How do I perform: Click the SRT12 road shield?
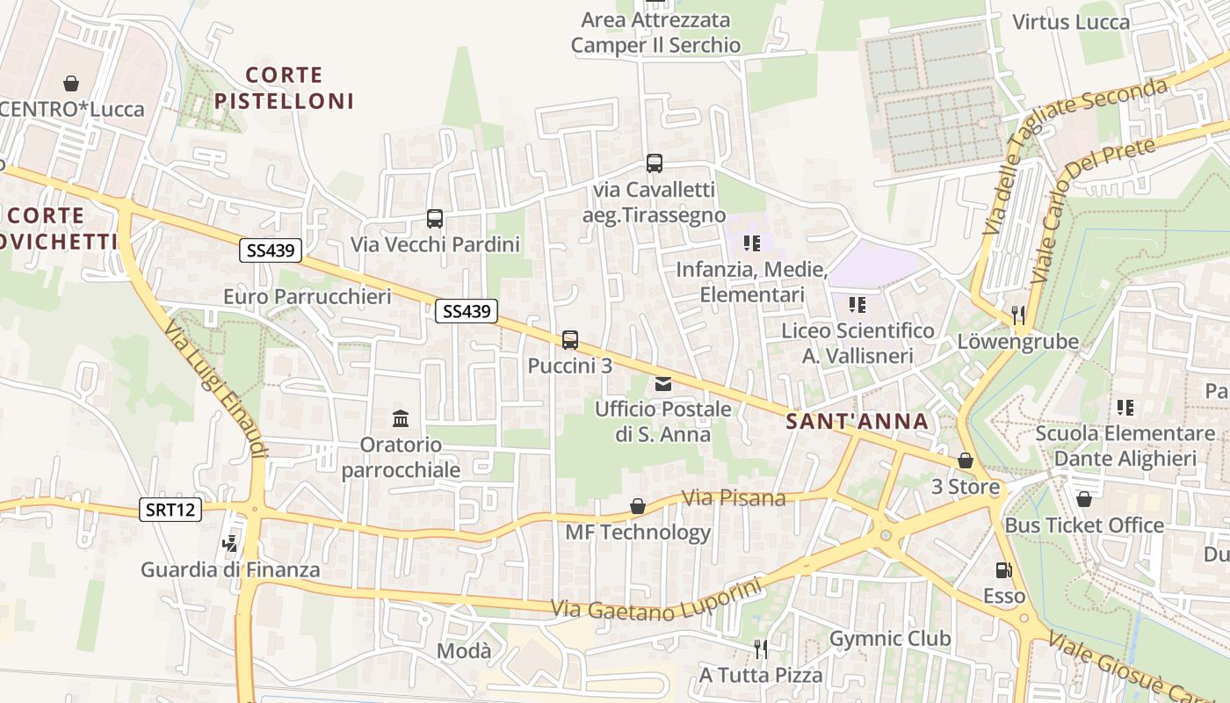coord(170,509)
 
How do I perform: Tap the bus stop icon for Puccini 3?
coord(570,339)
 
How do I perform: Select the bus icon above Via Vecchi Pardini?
coord(435,218)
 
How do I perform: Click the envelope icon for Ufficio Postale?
coord(663,383)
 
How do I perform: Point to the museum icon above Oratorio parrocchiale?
coord(401,418)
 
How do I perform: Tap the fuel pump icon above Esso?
coord(1003,570)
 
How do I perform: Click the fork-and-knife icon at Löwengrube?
coord(1018,314)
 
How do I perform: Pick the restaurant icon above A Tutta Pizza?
coord(761,649)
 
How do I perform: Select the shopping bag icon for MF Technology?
coord(638,506)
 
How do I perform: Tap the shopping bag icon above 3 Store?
coord(966,460)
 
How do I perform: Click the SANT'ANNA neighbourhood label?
coord(857,422)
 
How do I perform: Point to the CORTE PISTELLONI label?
coord(285,88)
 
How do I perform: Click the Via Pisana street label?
coord(734,498)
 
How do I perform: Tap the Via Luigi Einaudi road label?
coord(216,388)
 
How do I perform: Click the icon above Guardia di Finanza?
coord(230,544)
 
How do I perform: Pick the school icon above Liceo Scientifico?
coord(857,305)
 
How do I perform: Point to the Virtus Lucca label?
coord(1071,22)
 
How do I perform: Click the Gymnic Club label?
coord(890,639)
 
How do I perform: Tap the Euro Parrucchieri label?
coord(307,296)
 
